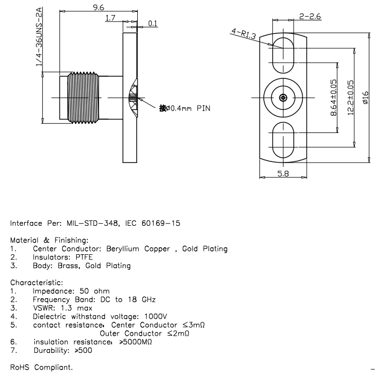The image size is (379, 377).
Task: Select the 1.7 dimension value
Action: click(x=110, y=18)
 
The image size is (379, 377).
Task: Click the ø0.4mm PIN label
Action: click(x=184, y=108)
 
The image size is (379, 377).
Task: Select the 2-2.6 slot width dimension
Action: click(x=310, y=17)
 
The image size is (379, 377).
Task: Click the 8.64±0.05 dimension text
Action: click(x=333, y=98)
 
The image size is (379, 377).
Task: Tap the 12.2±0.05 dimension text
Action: click(x=351, y=98)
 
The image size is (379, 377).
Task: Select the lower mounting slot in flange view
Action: click(x=283, y=139)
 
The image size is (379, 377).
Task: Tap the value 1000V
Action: click(x=155, y=316)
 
